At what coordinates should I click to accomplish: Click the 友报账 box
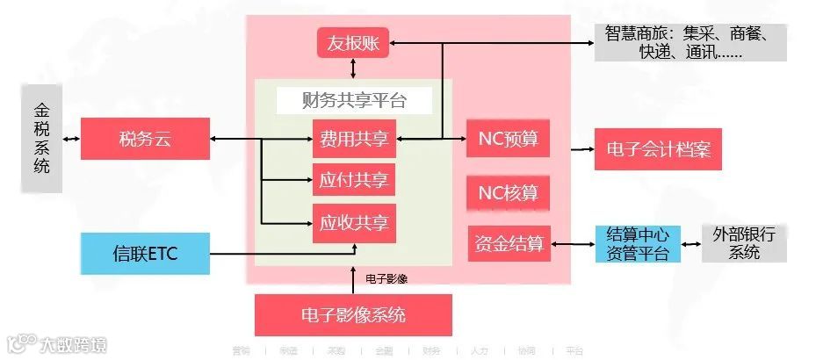click(353, 42)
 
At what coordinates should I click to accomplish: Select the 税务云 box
click(145, 139)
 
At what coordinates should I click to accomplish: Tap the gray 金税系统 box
click(41, 139)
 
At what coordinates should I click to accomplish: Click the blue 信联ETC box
click(145, 254)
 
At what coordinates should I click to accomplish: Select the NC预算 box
click(508, 139)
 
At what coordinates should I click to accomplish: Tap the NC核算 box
click(508, 191)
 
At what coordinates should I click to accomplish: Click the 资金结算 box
click(508, 242)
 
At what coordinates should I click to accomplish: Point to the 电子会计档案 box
click(658, 150)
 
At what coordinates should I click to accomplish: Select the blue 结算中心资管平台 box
click(638, 244)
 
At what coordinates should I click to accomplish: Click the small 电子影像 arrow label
click(386, 278)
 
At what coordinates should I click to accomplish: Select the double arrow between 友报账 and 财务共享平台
click(353, 68)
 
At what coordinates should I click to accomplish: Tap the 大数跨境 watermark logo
click(56, 344)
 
